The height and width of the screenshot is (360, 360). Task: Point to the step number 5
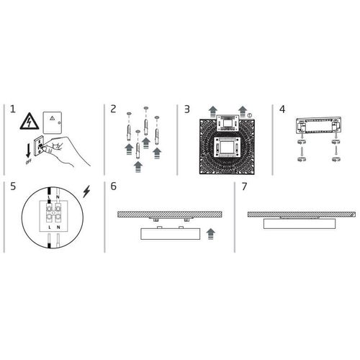coord(12,186)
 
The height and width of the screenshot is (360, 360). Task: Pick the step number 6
coord(113,186)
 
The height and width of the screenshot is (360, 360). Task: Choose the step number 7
coord(245,186)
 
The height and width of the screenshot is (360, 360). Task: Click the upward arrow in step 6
coord(210,233)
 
